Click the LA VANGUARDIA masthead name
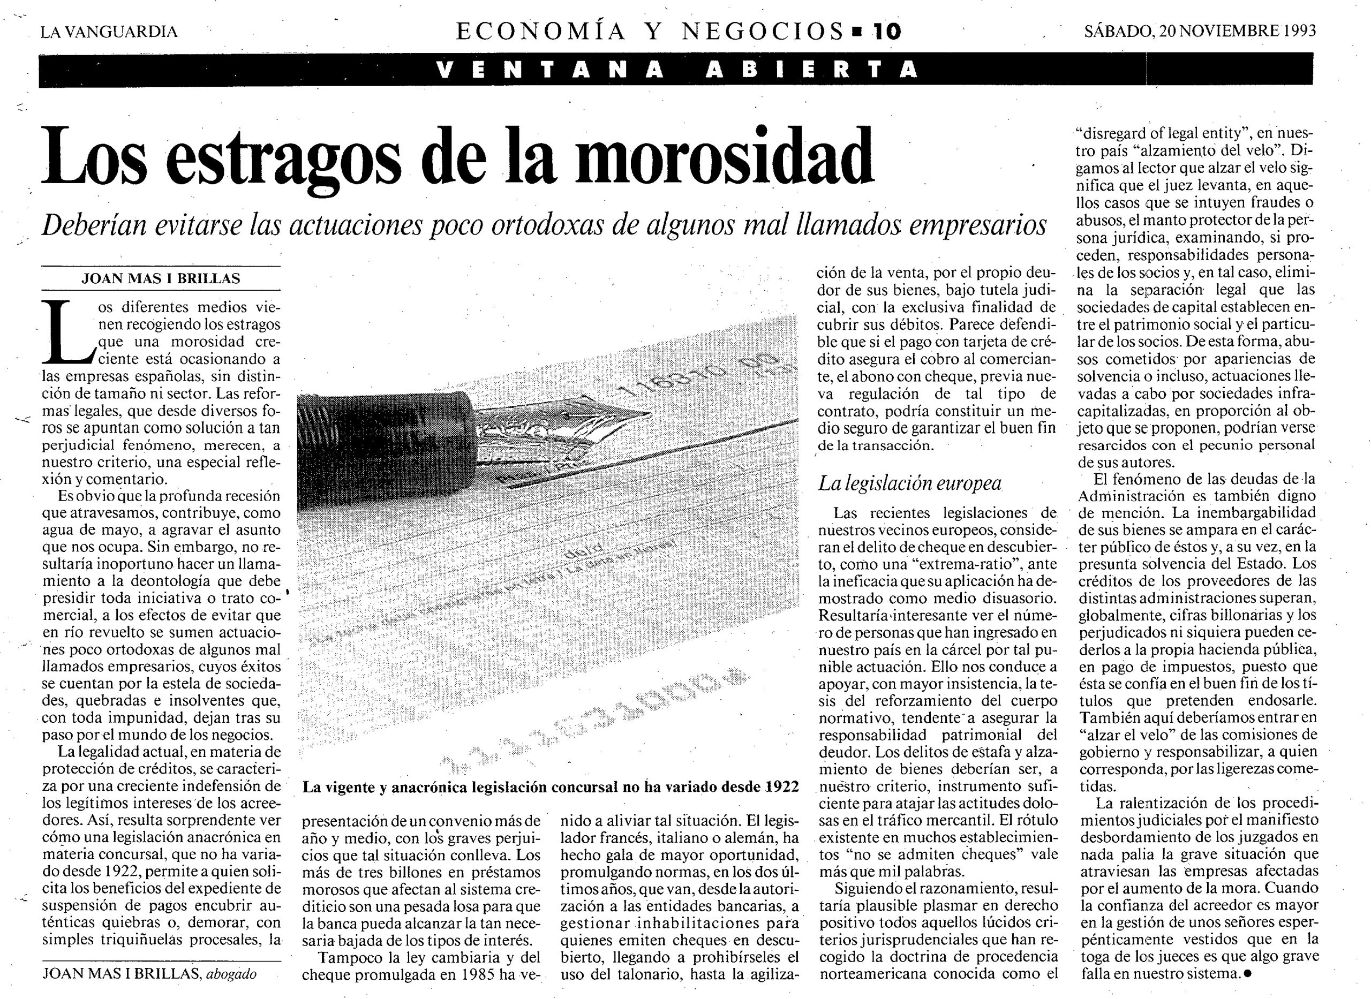(109, 32)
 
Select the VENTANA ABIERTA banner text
(676, 70)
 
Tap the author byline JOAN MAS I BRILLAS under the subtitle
(161, 279)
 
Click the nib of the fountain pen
(575, 423)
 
